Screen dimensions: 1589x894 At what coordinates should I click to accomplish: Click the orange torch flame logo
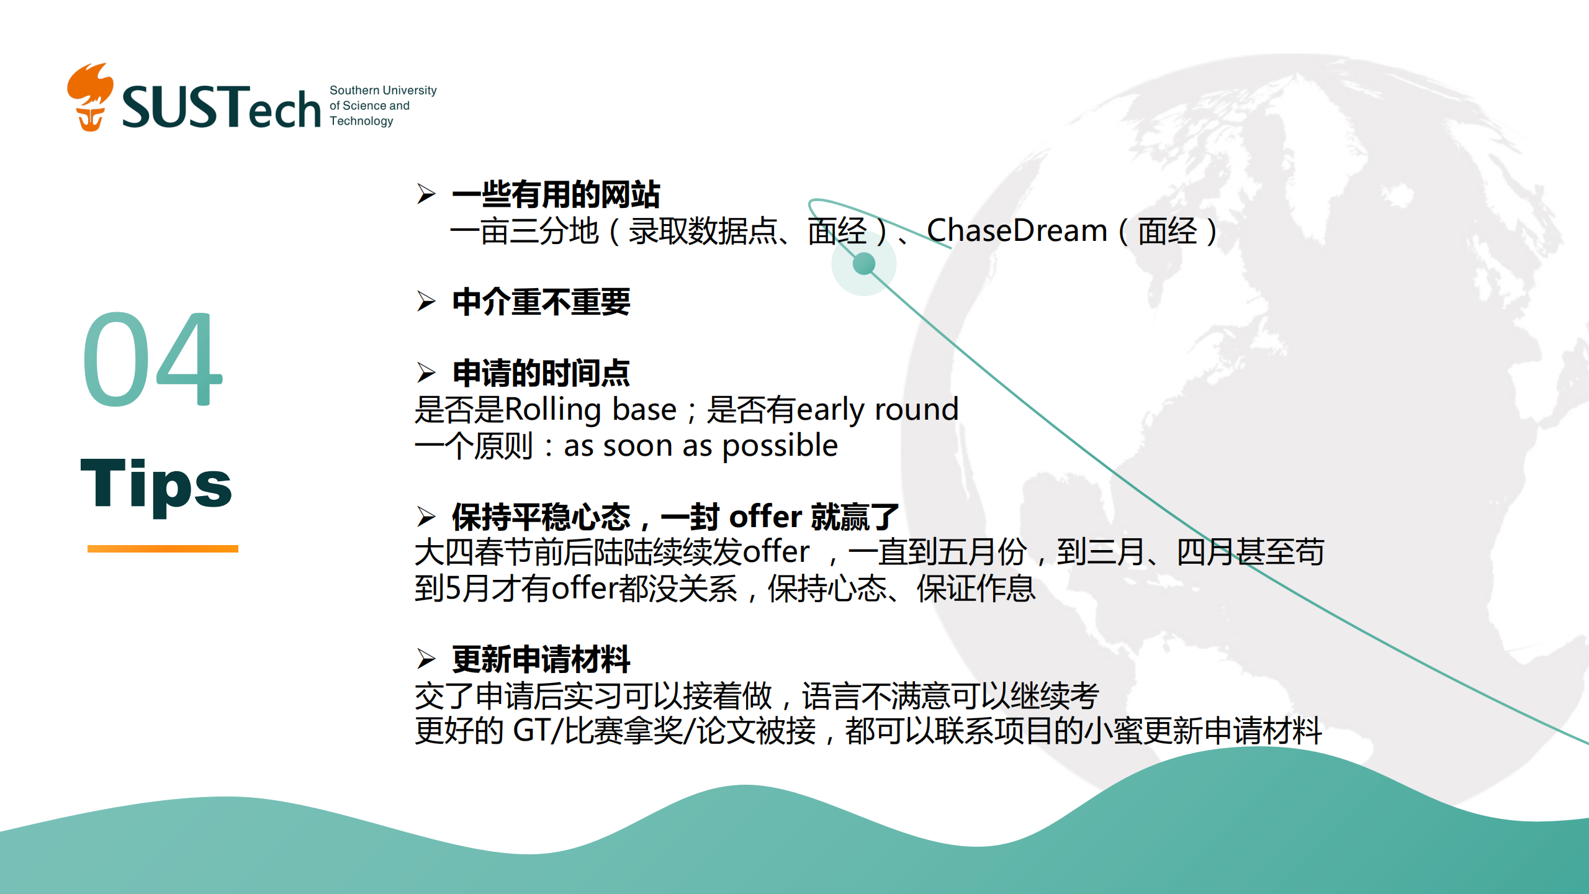91,97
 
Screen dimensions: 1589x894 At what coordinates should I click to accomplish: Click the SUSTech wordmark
222,107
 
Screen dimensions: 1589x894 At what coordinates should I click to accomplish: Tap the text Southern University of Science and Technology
383,106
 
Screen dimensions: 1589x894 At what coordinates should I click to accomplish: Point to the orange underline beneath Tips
163,548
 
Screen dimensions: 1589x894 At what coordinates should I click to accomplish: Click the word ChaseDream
1017,230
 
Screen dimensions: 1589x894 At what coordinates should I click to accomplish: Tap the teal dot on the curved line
864,264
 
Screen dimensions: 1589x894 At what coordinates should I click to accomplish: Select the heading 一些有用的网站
556,194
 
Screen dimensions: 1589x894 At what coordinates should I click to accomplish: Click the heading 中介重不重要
541,302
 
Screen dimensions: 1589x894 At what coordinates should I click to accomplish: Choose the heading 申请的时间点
541,372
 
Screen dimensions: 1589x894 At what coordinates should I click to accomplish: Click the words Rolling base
590,409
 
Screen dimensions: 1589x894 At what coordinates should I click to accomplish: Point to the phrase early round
878,409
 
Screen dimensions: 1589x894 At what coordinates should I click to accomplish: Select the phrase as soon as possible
701,445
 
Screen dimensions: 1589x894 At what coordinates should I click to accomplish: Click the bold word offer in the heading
765,516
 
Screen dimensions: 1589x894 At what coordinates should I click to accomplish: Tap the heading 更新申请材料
541,659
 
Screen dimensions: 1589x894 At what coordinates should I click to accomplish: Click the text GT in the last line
532,730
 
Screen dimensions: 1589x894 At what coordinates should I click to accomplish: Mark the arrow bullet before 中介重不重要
426,301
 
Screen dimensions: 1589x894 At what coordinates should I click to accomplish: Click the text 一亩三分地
524,231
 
